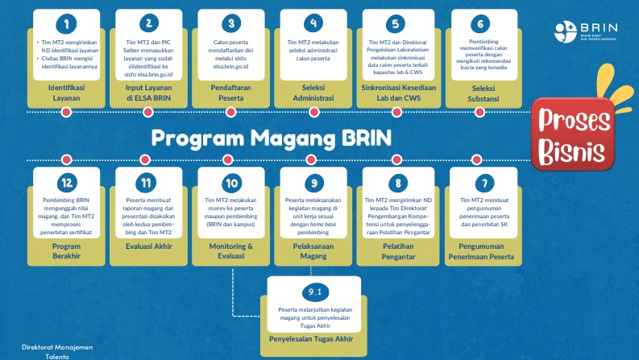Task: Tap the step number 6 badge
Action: pos(482,23)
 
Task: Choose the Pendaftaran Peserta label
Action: pos(232,92)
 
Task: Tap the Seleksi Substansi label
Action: pos(482,92)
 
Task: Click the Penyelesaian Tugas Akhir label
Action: pos(314,338)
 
